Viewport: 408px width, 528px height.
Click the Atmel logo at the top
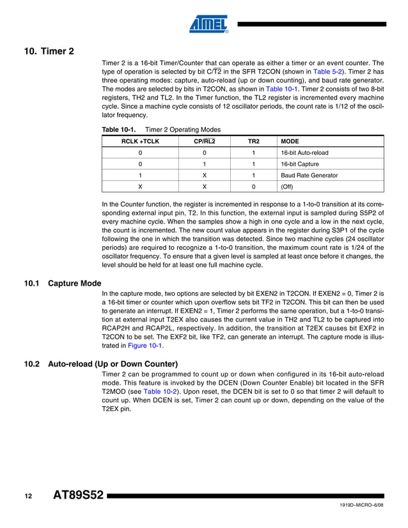pos(208,24)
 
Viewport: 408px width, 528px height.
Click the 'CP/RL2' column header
pos(205,141)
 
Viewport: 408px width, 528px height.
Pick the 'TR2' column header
pos(254,141)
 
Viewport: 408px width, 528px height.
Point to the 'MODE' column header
pos(290,141)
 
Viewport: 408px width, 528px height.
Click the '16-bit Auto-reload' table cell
pos(304,153)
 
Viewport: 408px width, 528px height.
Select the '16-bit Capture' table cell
pos(301,164)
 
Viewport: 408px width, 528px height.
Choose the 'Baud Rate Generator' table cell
pos(310,175)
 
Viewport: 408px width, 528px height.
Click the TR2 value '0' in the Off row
pos(254,187)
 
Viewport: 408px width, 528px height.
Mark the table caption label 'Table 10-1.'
pos(118,129)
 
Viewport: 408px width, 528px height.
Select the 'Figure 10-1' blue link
pos(145,346)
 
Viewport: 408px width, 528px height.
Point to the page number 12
pos(28,496)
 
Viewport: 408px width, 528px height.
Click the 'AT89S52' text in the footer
pos(77,496)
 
